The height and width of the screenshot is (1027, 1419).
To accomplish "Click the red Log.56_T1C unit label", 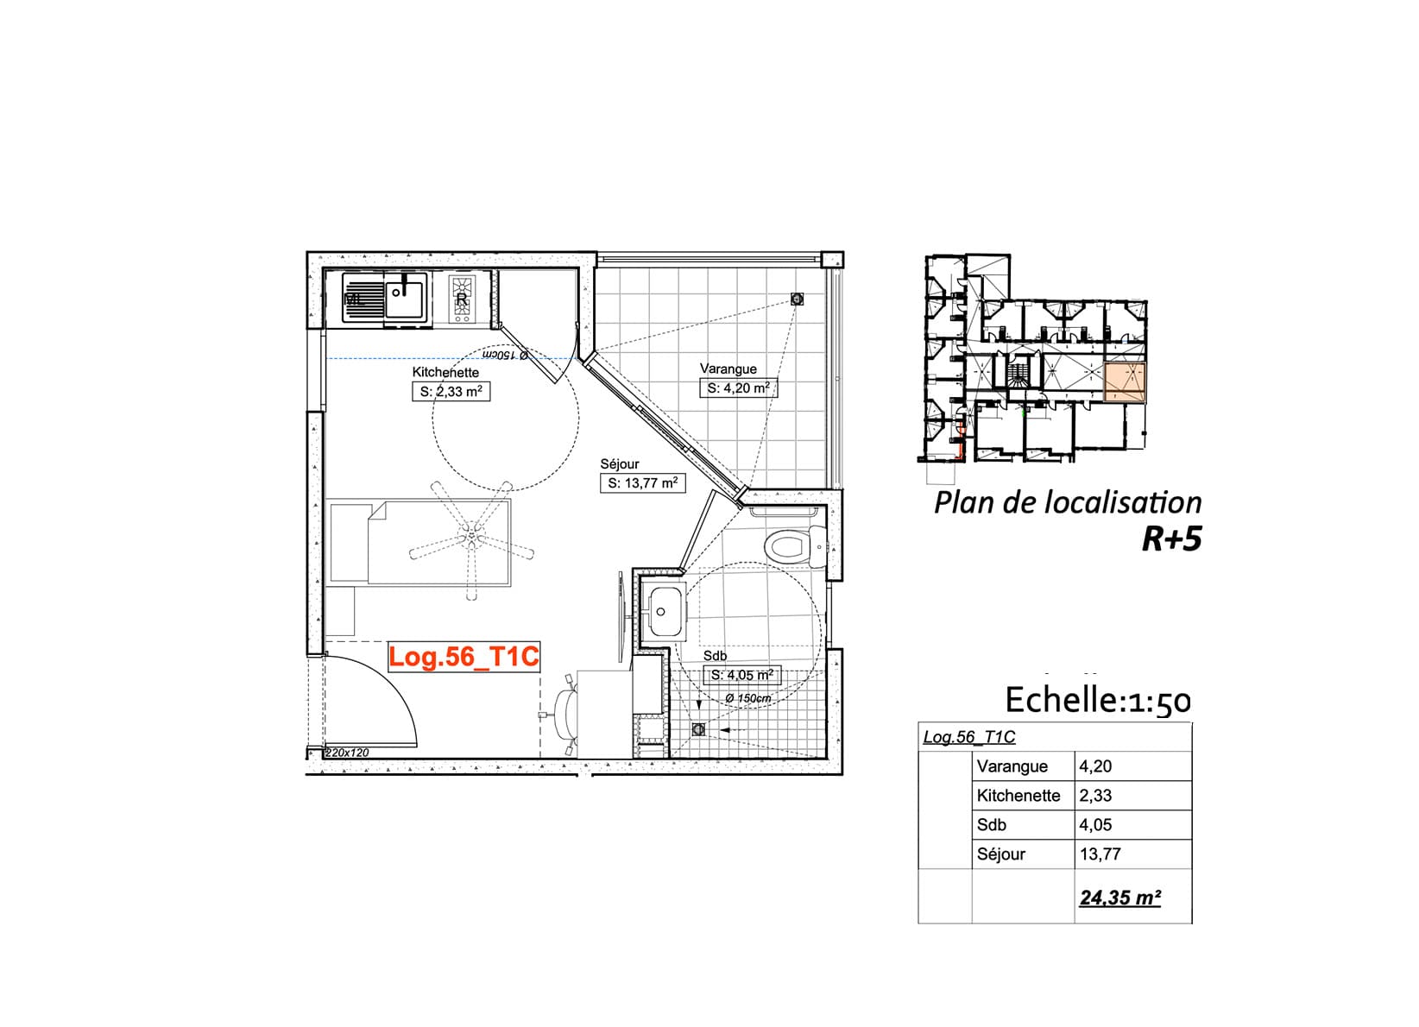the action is coord(464,657).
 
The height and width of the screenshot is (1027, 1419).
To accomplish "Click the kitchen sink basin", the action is coord(404,299).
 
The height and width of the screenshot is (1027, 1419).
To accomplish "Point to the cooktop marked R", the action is coord(461,299).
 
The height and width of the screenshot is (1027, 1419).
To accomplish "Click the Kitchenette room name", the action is coord(445,373).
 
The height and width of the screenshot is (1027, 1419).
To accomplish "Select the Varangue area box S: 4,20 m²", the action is coord(739,388).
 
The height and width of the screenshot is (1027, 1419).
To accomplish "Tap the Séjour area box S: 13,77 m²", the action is coord(642,483).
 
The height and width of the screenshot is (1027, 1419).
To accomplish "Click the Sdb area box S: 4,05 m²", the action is coord(741,676).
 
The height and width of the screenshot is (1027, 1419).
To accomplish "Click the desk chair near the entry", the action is coord(565,714).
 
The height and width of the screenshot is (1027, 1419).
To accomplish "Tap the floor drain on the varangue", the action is coord(797,299).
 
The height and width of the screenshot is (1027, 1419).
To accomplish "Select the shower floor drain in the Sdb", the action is coord(698,730).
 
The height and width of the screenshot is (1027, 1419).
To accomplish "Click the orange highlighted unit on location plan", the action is coord(1125,382).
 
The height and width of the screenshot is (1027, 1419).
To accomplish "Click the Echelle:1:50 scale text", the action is coord(1098,701).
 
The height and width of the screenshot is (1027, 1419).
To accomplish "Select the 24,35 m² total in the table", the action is coord(1120,898).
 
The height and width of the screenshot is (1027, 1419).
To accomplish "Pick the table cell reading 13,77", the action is coord(1100,854).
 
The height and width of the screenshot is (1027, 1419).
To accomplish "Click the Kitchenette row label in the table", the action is coord(1018,796).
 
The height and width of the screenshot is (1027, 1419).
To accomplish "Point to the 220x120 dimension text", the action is coord(346,753).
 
